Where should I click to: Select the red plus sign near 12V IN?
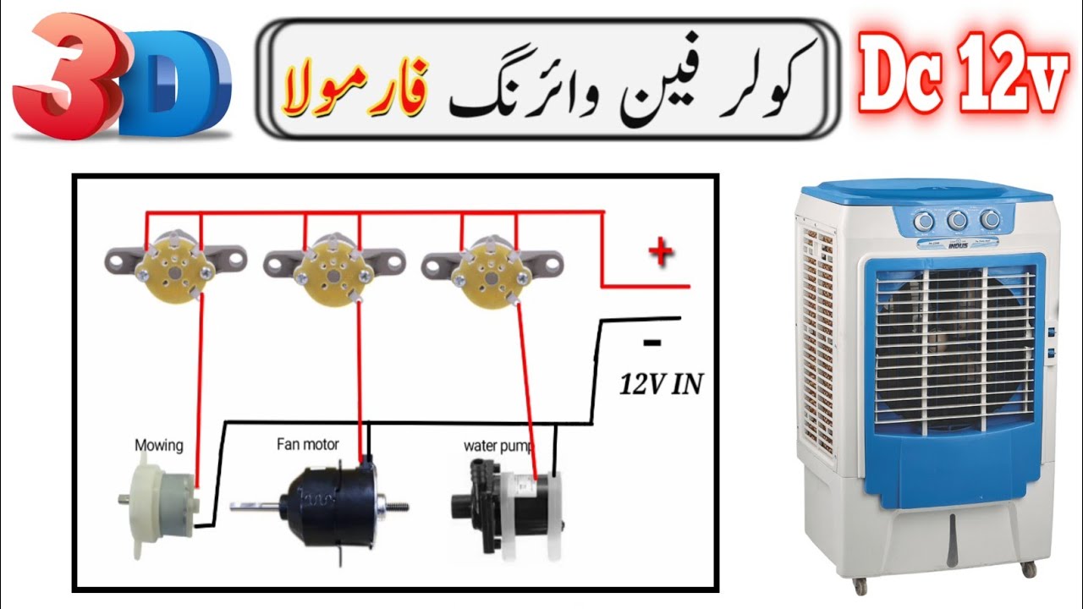click(660, 253)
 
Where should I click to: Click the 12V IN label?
click(661, 385)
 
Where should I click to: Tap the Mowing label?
click(158, 445)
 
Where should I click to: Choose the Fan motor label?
click(308, 443)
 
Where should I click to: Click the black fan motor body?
click(329, 506)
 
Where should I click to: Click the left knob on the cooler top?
click(925, 221)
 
